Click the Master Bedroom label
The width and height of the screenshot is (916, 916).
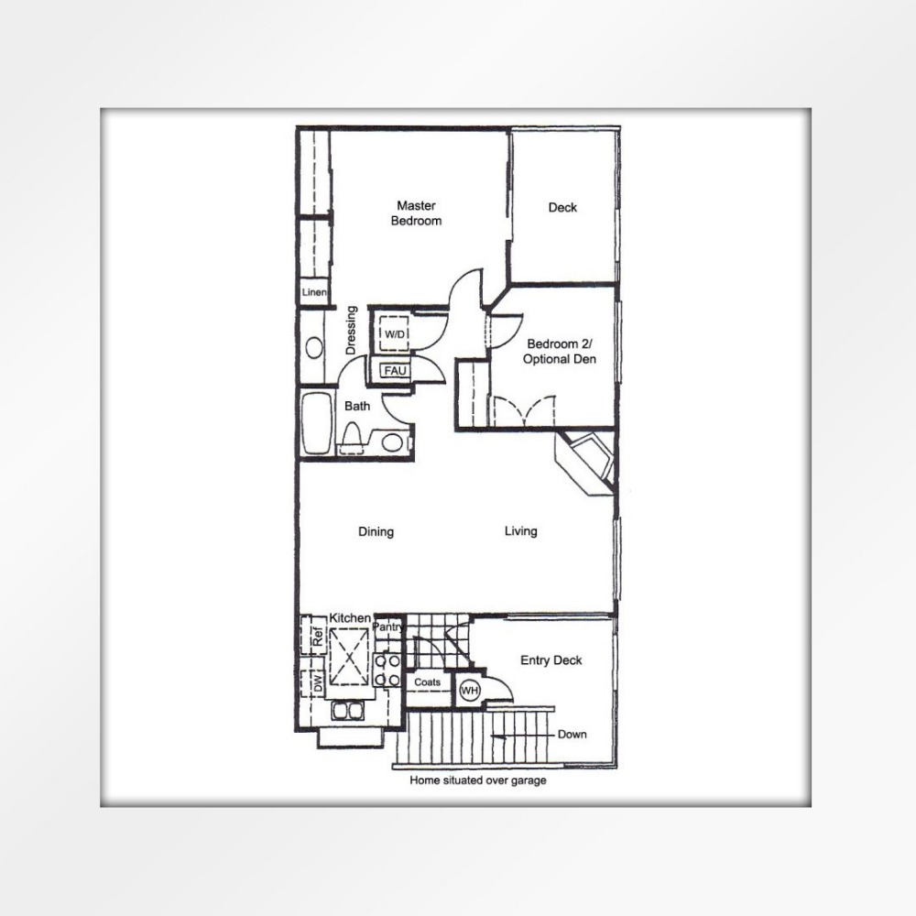point(416,213)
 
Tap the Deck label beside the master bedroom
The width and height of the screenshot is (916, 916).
point(562,207)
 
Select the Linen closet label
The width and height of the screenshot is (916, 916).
point(314,292)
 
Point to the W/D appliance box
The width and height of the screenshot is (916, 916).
point(394,333)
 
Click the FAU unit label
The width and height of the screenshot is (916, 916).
point(395,370)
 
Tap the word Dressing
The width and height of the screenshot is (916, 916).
point(351,330)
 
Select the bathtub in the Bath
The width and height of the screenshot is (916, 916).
point(317,423)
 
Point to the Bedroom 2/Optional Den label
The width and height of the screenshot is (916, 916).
point(559,352)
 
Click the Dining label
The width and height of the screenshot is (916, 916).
point(376,531)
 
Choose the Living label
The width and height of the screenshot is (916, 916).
point(520,531)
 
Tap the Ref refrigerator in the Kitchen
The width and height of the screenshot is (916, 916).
point(313,635)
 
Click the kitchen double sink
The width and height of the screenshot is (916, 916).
point(348,711)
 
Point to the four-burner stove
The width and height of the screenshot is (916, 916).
point(387,671)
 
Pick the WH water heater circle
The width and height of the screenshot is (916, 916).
point(470,691)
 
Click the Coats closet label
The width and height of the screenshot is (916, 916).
point(427,682)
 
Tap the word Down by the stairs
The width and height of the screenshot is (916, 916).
point(572,735)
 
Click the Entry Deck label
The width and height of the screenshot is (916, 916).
point(551,660)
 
